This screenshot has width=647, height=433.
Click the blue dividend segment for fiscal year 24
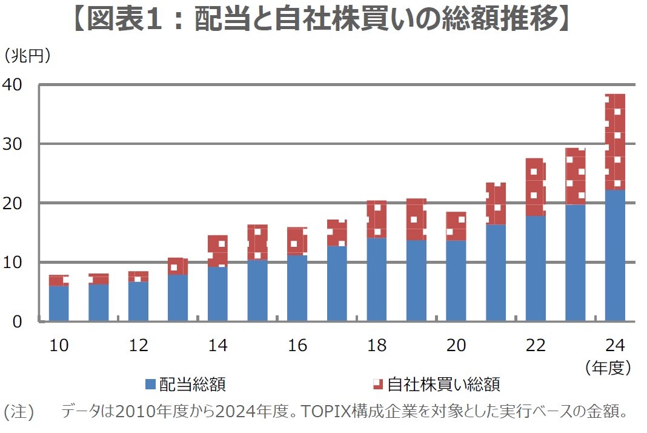coord(615,255)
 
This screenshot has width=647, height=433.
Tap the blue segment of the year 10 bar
coord(59,303)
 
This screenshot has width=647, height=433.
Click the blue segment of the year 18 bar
coord(376,279)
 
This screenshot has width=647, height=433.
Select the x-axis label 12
coord(138,345)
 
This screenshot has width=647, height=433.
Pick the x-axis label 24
coord(615,345)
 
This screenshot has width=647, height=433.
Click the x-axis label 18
coord(376,345)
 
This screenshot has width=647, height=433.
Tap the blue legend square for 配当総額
coord(150,384)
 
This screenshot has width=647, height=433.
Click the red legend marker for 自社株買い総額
coord(377,384)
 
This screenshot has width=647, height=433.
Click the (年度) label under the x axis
coord(609,367)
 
